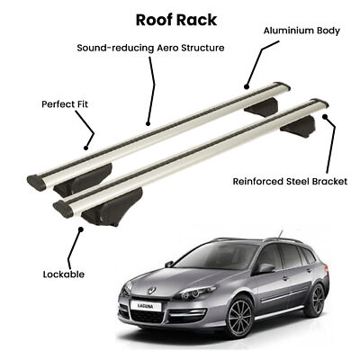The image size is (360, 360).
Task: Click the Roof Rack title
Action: coord(176,20)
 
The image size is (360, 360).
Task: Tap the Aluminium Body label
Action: coord(301,31)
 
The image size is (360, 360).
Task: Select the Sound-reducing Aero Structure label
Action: coord(150,48)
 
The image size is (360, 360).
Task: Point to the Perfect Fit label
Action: coord(65,104)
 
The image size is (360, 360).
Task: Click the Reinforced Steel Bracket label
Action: coord(290,182)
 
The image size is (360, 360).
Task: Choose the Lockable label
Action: coord(64,274)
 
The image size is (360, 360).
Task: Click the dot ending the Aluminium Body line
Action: coord(247,87)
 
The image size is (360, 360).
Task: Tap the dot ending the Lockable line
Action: coord(81,229)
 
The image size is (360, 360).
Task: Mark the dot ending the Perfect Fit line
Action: coord(86,148)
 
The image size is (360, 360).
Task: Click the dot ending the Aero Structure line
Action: coord(148,123)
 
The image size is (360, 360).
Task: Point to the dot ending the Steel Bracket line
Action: coord(324,116)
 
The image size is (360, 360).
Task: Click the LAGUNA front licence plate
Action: coord(146,306)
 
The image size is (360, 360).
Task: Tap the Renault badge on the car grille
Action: coord(152,290)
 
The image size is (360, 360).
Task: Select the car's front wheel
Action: coord(239,316)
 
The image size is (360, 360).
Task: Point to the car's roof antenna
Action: coord(281,234)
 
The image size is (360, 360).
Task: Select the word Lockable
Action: coord(64,274)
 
